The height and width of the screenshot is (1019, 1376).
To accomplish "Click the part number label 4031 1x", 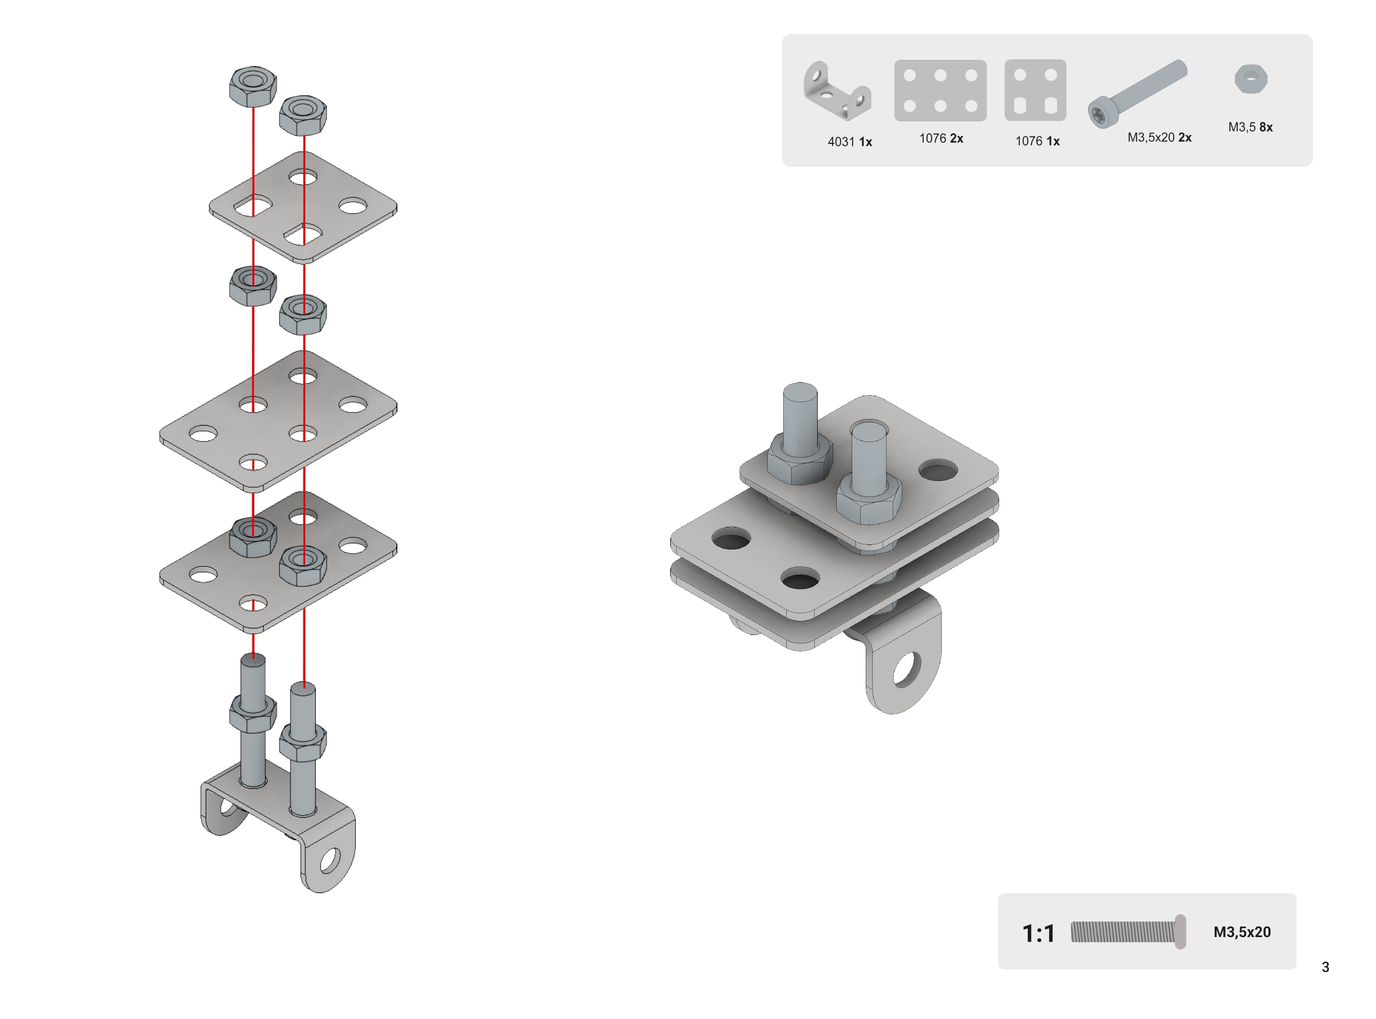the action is click(849, 142).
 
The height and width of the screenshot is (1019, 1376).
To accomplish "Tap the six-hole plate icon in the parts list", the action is click(940, 90).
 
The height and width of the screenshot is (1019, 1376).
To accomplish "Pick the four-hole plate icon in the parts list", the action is click(1036, 90).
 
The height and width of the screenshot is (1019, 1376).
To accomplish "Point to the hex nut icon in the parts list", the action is click(1251, 78).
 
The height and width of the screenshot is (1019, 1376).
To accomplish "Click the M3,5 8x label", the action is click(1250, 127).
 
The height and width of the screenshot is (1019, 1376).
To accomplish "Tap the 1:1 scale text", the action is click(1039, 933).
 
